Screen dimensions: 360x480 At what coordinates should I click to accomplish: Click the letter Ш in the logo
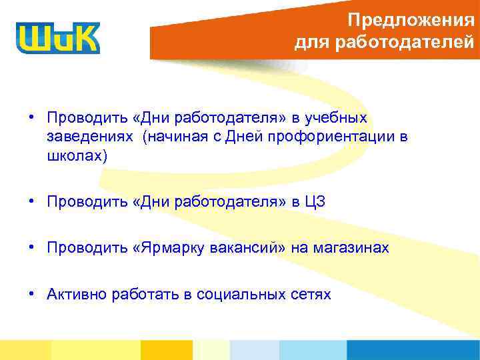[x=35, y=38]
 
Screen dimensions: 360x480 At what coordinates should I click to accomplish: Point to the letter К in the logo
[x=85, y=38]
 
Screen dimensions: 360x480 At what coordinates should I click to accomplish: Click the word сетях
[x=313, y=295]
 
